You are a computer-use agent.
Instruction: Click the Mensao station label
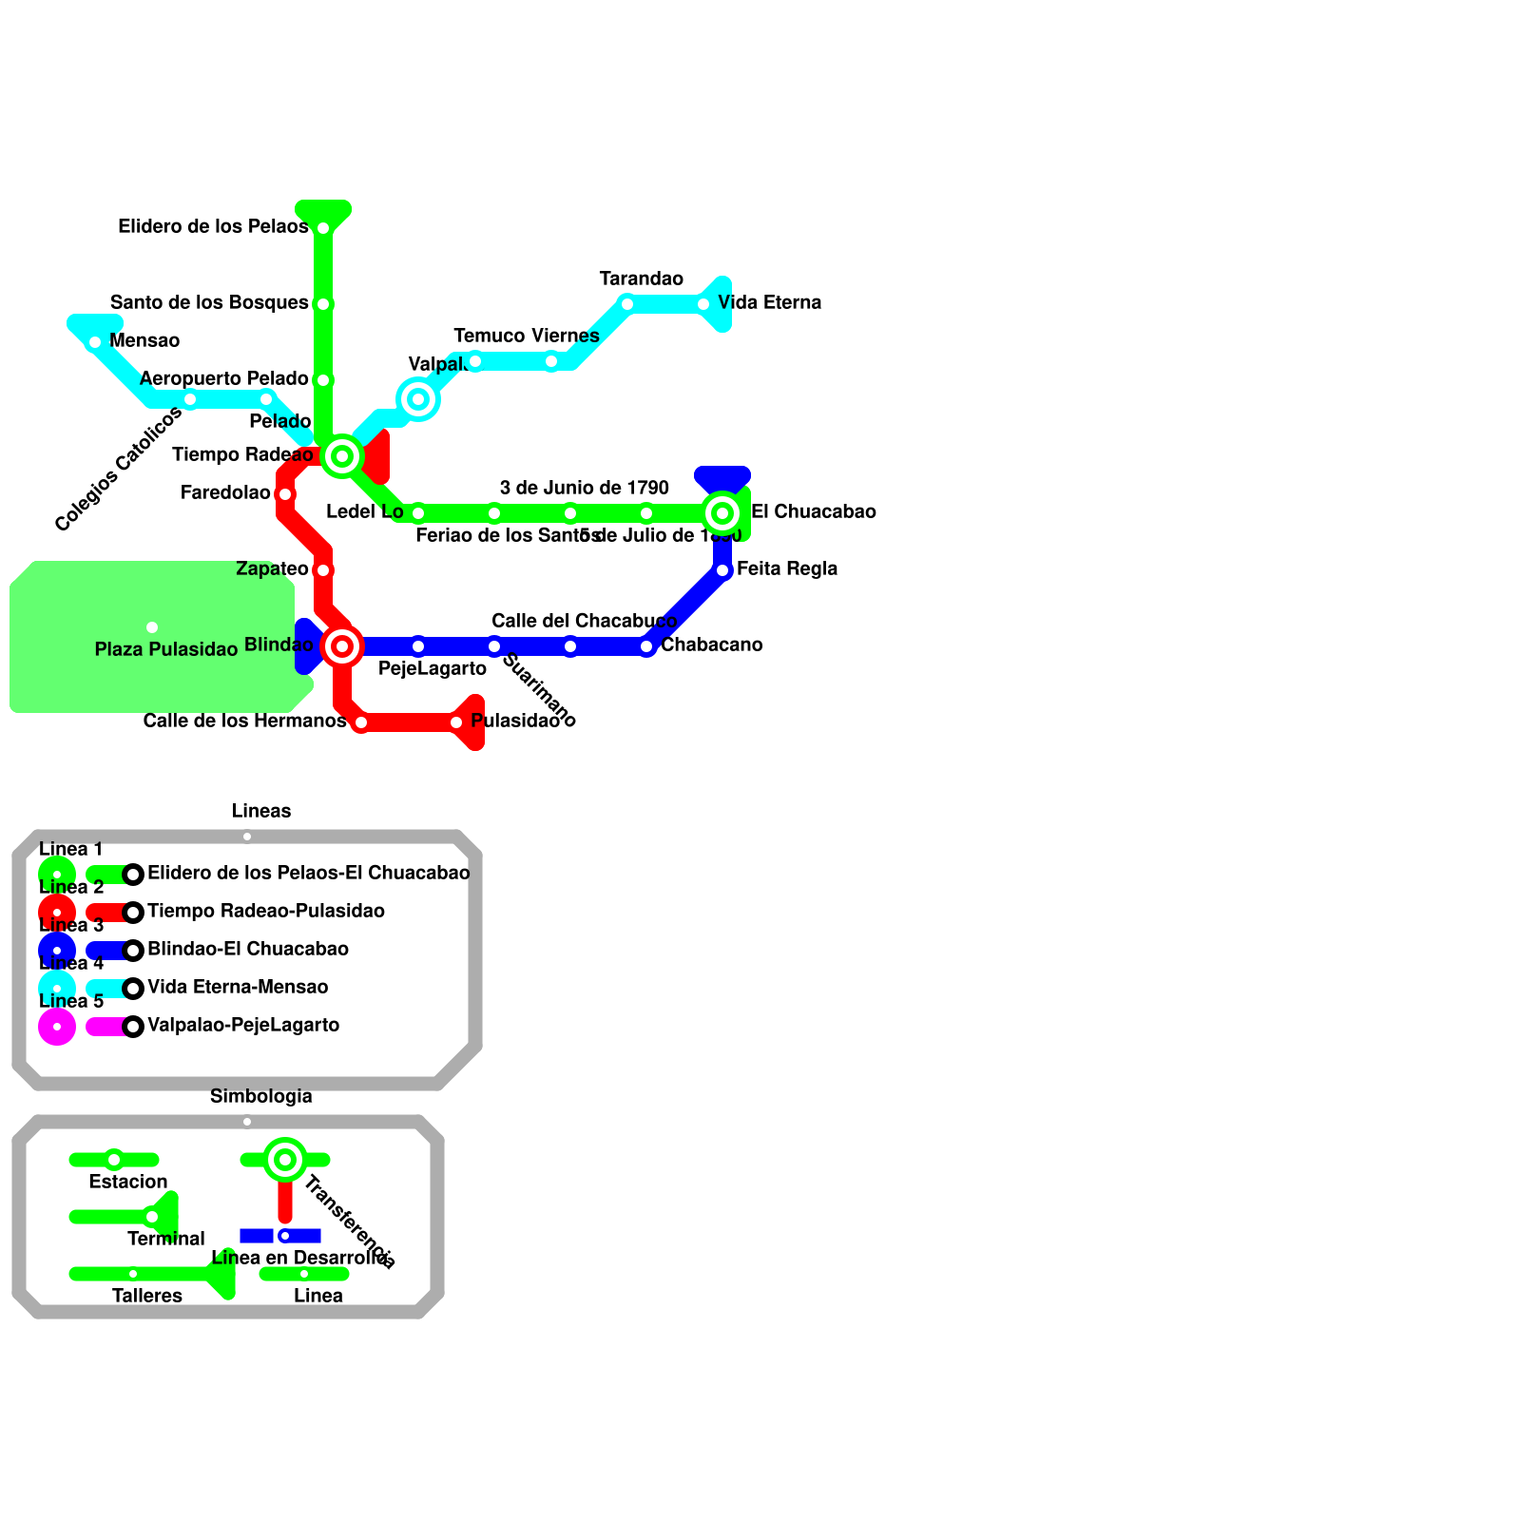point(144,341)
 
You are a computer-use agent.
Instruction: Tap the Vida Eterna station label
point(769,303)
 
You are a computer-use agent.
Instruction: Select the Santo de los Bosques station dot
point(323,304)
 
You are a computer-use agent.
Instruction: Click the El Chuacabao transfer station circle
point(722,513)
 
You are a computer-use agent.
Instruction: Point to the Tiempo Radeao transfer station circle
point(342,456)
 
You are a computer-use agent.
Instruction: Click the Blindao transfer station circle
point(342,646)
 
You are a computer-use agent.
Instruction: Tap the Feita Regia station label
point(787,569)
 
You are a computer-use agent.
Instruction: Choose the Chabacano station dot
point(646,646)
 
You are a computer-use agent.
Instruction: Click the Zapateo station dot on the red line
point(323,570)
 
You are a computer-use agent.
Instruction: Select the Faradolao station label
point(225,493)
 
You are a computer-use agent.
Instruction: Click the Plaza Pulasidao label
point(166,650)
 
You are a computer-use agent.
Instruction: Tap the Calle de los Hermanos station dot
point(361,722)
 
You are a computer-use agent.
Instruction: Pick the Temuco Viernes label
point(526,337)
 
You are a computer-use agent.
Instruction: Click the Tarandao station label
point(641,279)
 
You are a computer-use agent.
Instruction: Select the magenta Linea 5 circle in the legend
point(57,1027)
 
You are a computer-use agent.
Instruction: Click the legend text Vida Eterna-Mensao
point(238,988)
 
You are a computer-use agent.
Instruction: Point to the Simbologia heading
point(260,1097)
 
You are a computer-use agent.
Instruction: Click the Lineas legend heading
point(261,812)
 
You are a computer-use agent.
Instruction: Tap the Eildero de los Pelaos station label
point(213,227)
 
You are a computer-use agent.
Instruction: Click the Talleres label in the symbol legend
point(147,1297)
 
